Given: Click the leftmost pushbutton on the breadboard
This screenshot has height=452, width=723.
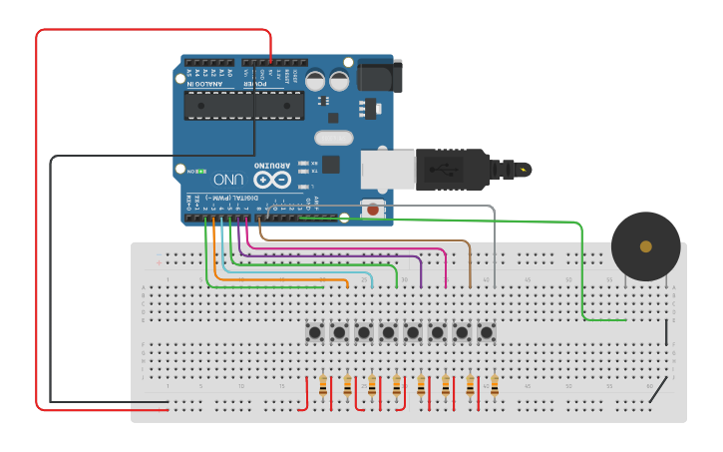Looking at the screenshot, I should (315, 332).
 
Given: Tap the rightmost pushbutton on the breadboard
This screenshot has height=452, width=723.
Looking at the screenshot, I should (487, 332).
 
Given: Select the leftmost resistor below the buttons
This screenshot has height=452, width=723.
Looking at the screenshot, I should (323, 386).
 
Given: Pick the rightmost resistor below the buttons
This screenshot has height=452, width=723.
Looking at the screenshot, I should (495, 386).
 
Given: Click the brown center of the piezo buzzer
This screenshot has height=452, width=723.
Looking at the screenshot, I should (646, 245).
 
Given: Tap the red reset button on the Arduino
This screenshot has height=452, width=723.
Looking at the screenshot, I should (373, 210).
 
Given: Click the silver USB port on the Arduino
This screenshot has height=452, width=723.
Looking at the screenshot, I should (386, 169).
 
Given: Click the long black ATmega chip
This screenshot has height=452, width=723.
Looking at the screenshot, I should (244, 106).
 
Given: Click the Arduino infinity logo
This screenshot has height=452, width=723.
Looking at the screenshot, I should (271, 180).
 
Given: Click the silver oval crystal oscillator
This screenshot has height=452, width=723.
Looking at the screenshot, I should (333, 138).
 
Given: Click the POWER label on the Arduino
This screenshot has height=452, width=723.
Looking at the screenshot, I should (255, 84).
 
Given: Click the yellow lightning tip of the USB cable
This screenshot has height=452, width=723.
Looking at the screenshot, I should (524, 170).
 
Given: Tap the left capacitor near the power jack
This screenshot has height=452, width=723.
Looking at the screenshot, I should (315, 80).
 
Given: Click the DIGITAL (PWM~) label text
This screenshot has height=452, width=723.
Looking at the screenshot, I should (240, 198).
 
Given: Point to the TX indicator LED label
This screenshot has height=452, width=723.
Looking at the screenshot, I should (314, 171).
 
